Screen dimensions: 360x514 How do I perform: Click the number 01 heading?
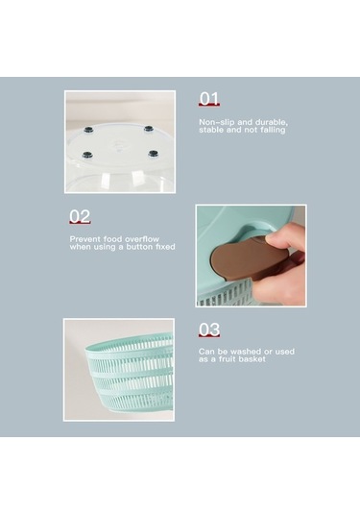tap(208, 98)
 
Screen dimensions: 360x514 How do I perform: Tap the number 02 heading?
tap(80, 216)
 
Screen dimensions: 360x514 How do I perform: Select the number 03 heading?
tap(209, 330)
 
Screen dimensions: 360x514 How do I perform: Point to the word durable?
tap(272, 123)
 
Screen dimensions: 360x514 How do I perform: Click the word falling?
tap(273, 130)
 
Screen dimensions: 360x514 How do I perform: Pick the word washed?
tap(246, 352)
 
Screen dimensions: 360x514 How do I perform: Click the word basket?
tap(252, 359)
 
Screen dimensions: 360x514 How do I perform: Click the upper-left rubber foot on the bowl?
tap(88, 130)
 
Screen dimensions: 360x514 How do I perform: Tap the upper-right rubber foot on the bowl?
tap(149, 128)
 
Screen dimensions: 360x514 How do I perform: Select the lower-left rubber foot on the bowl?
tap(86, 155)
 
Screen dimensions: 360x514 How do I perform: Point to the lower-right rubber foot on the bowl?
tap(153, 153)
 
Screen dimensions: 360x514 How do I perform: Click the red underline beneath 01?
tap(209, 105)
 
